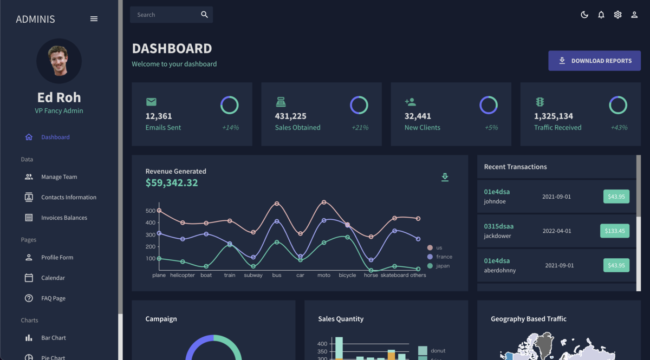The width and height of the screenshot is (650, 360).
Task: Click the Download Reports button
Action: pyautogui.click(x=594, y=61)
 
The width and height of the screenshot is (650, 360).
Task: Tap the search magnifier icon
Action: pyautogui.click(x=204, y=15)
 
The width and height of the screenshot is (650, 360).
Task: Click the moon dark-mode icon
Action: pyautogui.click(x=584, y=15)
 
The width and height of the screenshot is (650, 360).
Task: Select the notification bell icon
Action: pyautogui.click(x=601, y=15)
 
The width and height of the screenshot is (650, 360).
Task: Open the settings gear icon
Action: pyautogui.click(x=617, y=15)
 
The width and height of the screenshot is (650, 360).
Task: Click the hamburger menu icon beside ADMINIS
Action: pyautogui.click(x=94, y=19)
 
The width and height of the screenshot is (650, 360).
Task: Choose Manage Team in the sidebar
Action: pyautogui.click(x=58, y=177)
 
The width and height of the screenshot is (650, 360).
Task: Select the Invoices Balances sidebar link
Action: pyautogui.click(x=63, y=218)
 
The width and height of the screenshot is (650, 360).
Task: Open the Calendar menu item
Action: pyautogui.click(x=53, y=278)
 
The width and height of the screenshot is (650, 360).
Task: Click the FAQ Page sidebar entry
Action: pyautogui.click(x=53, y=298)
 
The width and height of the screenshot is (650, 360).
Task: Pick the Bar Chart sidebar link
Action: pyautogui.click(x=53, y=338)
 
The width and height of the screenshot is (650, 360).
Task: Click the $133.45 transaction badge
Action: pyautogui.click(x=614, y=231)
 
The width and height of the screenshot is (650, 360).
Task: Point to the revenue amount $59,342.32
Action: pyautogui.click(x=172, y=183)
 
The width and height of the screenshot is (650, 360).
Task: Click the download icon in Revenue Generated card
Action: pyautogui.click(x=445, y=177)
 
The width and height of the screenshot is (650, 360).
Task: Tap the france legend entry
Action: pyautogui.click(x=443, y=257)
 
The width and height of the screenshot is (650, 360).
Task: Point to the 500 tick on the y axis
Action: pyautogui.click(x=150, y=211)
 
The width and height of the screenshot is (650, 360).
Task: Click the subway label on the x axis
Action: pyautogui.click(x=253, y=275)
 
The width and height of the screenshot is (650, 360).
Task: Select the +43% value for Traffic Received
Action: pyautogui.click(x=619, y=128)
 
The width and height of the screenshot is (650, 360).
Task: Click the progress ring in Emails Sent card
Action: pyautogui.click(x=229, y=105)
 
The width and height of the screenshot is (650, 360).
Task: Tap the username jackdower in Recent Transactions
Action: pyautogui.click(x=497, y=236)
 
